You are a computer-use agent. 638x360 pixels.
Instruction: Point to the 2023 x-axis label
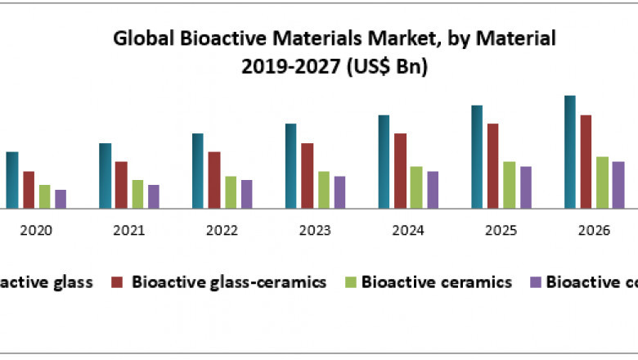tap(315, 232)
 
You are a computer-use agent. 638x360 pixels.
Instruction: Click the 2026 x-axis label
tap(594, 232)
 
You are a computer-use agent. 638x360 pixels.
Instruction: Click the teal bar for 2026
tap(570, 152)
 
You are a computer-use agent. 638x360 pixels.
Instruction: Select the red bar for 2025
tap(493, 166)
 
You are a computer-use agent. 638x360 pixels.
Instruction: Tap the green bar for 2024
tap(416, 187)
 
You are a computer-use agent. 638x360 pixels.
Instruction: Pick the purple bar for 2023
tap(339, 192)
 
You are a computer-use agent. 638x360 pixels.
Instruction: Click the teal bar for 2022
tap(198, 171)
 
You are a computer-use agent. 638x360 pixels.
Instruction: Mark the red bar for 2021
tap(121, 185)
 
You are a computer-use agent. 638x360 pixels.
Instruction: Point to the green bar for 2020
tap(44, 196)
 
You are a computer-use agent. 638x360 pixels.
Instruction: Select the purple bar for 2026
tap(618, 185)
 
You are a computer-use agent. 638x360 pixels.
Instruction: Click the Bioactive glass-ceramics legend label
tap(229, 282)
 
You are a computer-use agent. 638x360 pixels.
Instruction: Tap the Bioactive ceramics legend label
tap(437, 282)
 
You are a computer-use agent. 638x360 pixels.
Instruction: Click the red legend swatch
tap(117, 282)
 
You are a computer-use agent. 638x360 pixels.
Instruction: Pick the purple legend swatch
tap(536, 282)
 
